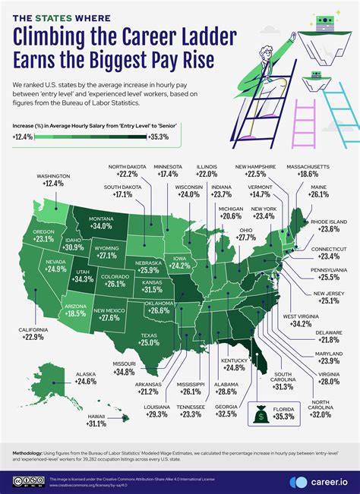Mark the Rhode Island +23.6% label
(x=328, y=225)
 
